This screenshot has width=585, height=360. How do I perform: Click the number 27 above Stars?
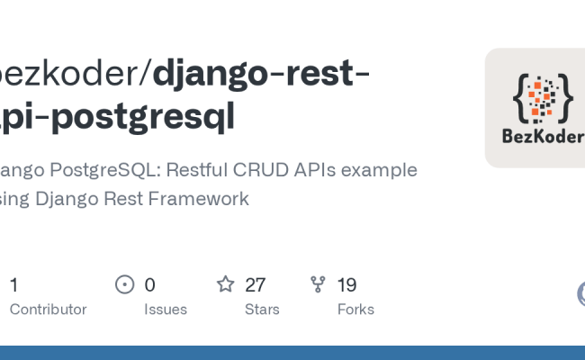[x=255, y=285]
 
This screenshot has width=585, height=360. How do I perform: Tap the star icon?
[x=225, y=284]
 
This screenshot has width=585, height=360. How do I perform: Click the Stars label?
[x=262, y=310]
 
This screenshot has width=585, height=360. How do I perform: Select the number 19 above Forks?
[x=346, y=285]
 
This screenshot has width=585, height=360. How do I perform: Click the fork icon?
[x=318, y=284]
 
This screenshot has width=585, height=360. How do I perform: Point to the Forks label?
[x=355, y=310]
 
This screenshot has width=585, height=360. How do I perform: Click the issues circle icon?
[x=125, y=284]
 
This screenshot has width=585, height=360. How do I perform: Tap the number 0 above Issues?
[x=149, y=285]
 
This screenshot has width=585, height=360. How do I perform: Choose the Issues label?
[x=166, y=310]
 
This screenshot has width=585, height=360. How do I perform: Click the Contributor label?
[x=48, y=310]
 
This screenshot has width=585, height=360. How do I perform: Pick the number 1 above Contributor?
[x=13, y=285]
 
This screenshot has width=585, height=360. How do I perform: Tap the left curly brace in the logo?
[x=519, y=96]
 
